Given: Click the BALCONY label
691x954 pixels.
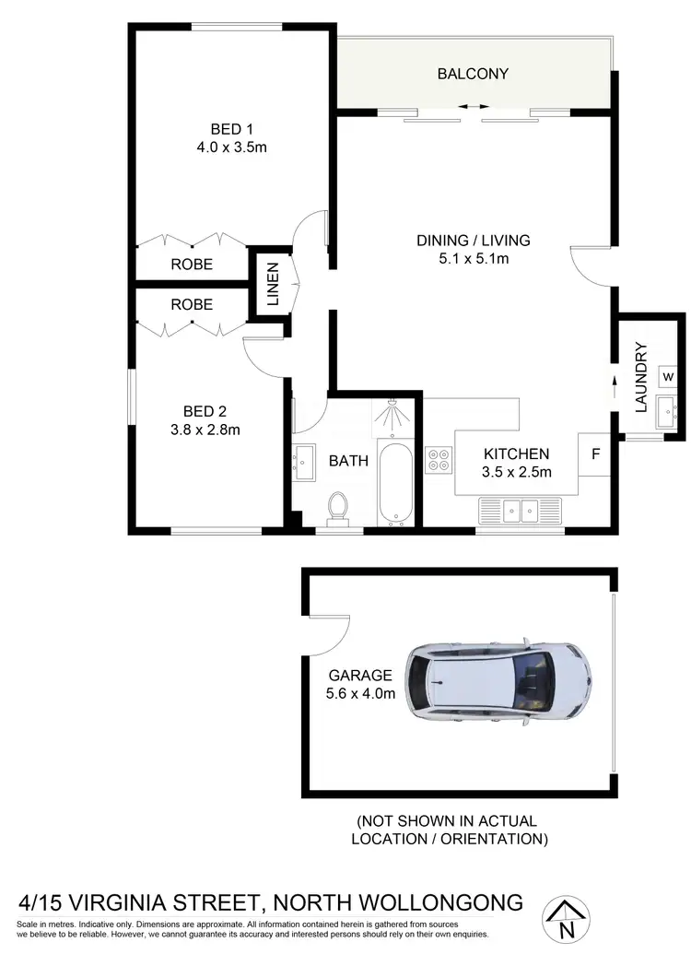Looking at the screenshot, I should point(473,74).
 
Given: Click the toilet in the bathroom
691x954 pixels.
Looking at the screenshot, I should point(337,508).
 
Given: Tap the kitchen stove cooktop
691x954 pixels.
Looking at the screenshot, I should point(439,460).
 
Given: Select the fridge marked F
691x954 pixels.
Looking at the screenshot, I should point(594,454).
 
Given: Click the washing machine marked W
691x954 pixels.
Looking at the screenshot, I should point(669,378).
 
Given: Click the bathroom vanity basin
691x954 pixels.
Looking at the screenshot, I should point(304,458).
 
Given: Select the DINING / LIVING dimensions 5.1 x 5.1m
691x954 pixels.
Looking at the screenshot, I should point(474,259).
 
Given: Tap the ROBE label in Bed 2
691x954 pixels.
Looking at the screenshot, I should point(192,304).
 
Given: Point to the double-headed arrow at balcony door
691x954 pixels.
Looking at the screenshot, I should point(474,107).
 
